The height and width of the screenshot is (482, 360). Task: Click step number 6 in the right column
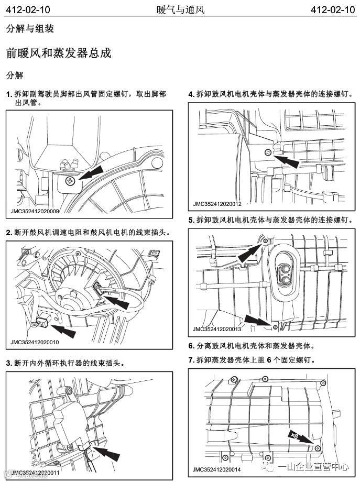(x=191, y=346)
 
